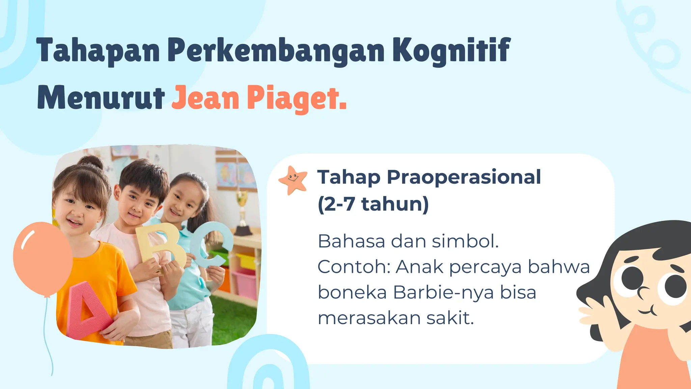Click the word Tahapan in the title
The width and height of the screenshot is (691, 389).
[x=98, y=51]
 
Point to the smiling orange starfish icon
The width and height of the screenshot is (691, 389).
[x=293, y=180]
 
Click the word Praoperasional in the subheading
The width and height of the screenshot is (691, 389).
[x=464, y=177]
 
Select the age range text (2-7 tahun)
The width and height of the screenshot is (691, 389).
[x=373, y=204]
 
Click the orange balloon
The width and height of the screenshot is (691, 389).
[x=43, y=259]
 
